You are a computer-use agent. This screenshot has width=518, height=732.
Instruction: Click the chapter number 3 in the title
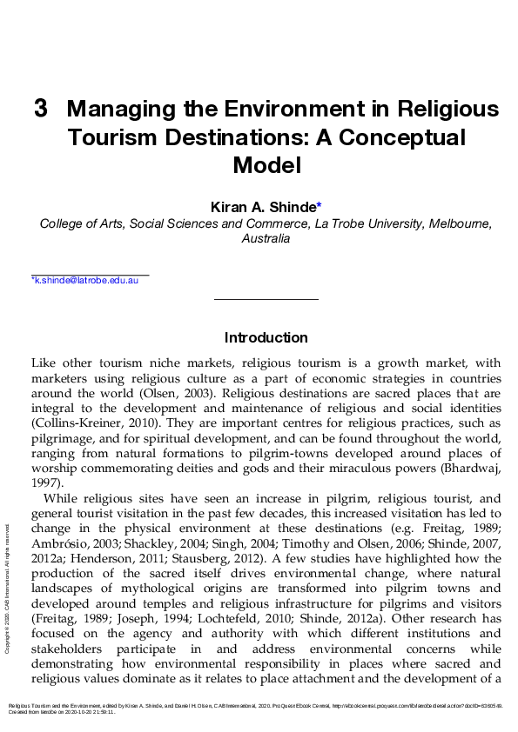[40, 110]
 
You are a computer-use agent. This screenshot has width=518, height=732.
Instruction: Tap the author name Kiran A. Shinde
[263, 207]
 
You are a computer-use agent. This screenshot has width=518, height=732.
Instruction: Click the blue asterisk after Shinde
[320, 206]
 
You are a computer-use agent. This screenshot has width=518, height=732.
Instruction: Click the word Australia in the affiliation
[266, 238]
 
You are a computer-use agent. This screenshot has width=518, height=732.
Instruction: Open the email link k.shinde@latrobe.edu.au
[84, 281]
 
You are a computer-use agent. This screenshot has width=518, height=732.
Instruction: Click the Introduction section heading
[266, 337]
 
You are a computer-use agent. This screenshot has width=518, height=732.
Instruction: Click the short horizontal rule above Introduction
[266, 300]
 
